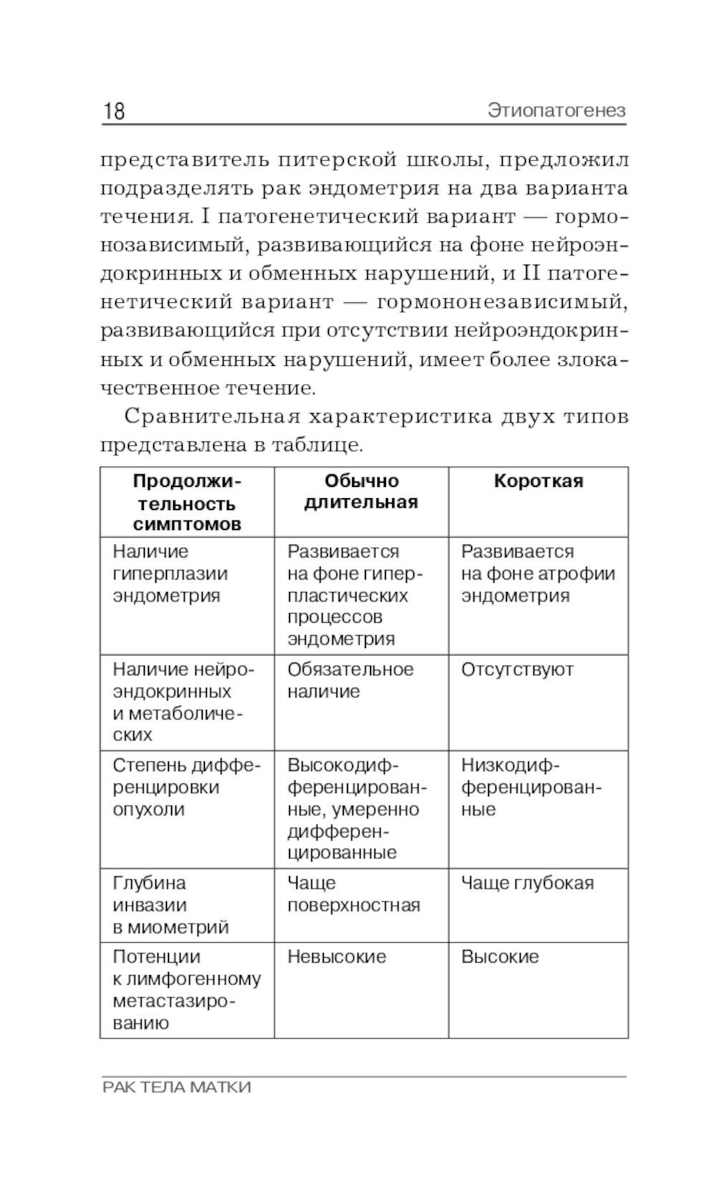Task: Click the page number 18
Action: pyautogui.click(x=115, y=111)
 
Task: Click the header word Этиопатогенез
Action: pyautogui.click(x=556, y=111)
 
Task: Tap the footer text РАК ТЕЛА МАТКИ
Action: pyautogui.click(x=177, y=1087)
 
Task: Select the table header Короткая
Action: pyautogui.click(x=538, y=481)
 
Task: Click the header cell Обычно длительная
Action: pyautogui.click(x=361, y=491)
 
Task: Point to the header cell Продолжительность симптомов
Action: pyautogui.click(x=187, y=502)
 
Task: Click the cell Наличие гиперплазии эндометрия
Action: pyautogui.click(x=170, y=573)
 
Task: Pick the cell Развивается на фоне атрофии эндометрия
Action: pyautogui.click(x=538, y=573)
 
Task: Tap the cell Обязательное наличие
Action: pyautogui.click(x=350, y=680)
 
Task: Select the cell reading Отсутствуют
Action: pyautogui.click(x=517, y=669)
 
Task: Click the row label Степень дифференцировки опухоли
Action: pyautogui.click(x=186, y=787)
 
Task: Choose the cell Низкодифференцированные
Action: pyautogui.click(x=531, y=787)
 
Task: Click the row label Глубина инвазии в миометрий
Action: pyautogui.click(x=170, y=905)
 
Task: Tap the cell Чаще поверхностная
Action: pyautogui.click(x=353, y=893)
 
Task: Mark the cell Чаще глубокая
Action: pyautogui.click(x=527, y=883)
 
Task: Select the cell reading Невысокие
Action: pyautogui.click(x=337, y=956)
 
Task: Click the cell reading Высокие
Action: pyautogui.click(x=500, y=956)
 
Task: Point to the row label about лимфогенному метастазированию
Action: pyautogui.click(x=186, y=989)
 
